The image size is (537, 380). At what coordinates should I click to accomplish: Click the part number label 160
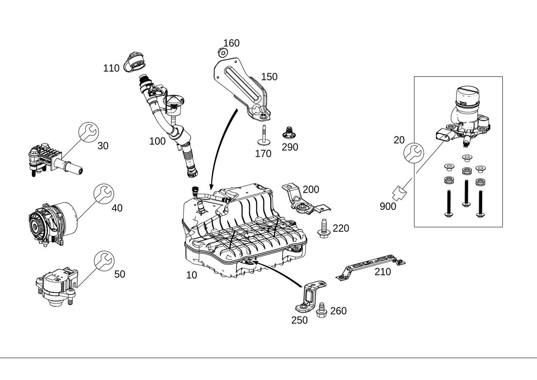pyautogui.click(x=231, y=43)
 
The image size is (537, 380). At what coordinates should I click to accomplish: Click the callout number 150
pyautogui.click(x=269, y=77)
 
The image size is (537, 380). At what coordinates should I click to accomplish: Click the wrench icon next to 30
pyautogui.click(x=89, y=132)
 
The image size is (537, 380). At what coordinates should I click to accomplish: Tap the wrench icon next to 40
pyautogui.click(x=104, y=194)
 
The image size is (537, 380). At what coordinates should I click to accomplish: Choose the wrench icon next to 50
pyautogui.click(x=104, y=261)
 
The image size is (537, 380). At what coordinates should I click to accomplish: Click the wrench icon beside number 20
pyautogui.click(x=414, y=153)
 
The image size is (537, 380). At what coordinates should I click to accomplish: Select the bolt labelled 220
pyautogui.click(x=324, y=228)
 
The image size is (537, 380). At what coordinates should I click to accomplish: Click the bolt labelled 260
pyautogui.click(x=322, y=310)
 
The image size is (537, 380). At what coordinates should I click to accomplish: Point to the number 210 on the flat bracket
pyautogui.click(x=383, y=272)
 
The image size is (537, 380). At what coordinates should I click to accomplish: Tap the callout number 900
pyautogui.click(x=388, y=207)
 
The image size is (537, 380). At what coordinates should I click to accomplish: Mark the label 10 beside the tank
pyautogui.click(x=192, y=275)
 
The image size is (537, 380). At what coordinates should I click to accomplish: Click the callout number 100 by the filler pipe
pyautogui.click(x=157, y=141)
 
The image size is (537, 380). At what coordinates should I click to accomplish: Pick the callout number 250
pyautogui.click(x=299, y=320)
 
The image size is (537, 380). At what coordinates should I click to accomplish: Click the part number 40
pyautogui.click(x=117, y=208)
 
